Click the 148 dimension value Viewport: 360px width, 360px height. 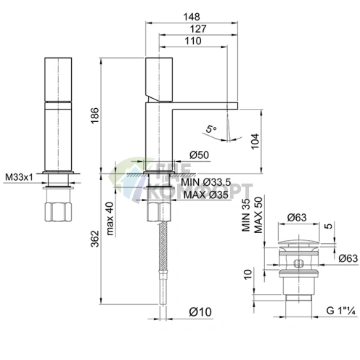(192, 17)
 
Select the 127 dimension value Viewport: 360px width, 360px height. (198, 29)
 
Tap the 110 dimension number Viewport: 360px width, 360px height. (193, 41)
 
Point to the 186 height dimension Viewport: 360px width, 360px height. (95, 115)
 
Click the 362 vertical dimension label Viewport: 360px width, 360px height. (95, 239)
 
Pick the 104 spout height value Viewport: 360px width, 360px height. (255, 142)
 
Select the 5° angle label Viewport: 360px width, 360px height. (211, 129)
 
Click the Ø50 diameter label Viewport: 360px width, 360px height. (199, 155)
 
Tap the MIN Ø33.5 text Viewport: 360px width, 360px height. (206, 182)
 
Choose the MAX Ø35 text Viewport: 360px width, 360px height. (206, 195)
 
